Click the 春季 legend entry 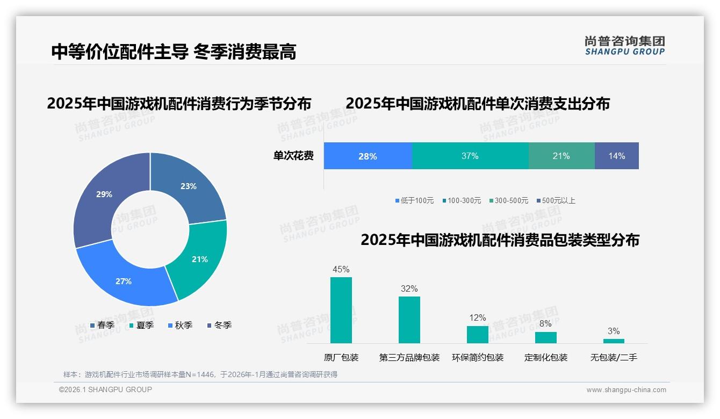(102, 325)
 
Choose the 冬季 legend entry (219, 325)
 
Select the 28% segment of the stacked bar (368, 156)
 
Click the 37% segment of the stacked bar (470, 156)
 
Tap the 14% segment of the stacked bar (616, 156)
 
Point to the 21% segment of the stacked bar (561, 156)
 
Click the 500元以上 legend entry (556, 200)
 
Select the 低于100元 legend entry (414, 200)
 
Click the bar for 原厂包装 (341, 310)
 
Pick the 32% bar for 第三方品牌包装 (409, 320)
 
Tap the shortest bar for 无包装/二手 (614, 341)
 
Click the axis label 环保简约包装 (478, 357)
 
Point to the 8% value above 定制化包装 (545, 324)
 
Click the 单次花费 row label (293, 156)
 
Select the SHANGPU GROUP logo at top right (624, 46)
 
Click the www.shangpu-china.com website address (626, 390)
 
